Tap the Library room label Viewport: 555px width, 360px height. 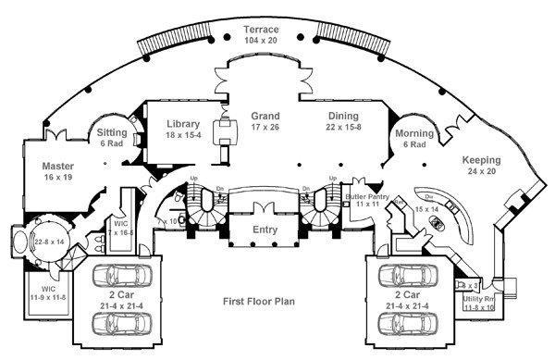pyautogui.click(x=183, y=124)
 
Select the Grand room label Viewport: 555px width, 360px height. pyautogui.click(x=265, y=117)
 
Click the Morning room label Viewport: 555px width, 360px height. pyautogui.click(x=415, y=133)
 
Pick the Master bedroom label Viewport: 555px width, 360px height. pyautogui.click(x=57, y=167)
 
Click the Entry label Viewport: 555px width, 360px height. pyautogui.click(x=265, y=227)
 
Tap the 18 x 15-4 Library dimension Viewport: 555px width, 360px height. pyautogui.click(x=183, y=135)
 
